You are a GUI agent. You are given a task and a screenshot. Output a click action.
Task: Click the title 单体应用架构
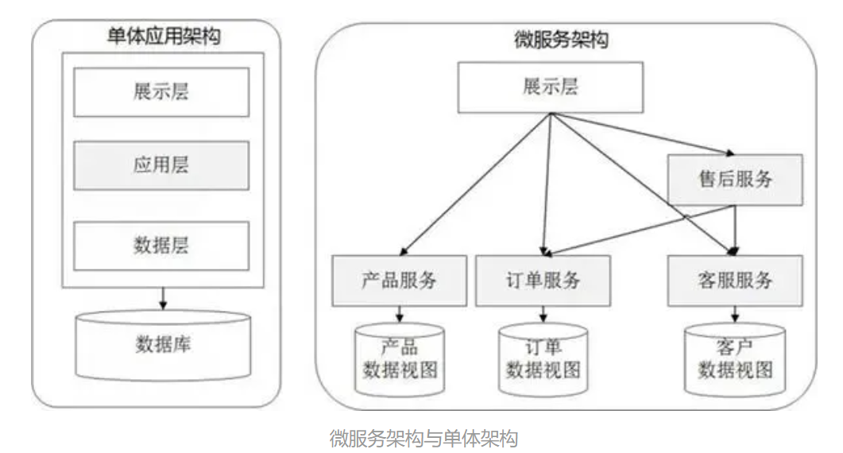click(x=163, y=37)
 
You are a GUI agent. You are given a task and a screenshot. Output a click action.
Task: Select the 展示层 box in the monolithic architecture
click(x=161, y=91)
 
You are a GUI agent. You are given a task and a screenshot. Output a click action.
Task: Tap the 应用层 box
click(x=161, y=166)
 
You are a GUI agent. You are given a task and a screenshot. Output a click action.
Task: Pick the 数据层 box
click(x=161, y=246)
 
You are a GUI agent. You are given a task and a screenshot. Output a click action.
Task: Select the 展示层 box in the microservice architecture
click(x=550, y=87)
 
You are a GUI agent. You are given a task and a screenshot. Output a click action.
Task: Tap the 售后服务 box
click(x=735, y=179)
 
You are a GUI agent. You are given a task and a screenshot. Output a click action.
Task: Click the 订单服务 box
click(x=543, y=281)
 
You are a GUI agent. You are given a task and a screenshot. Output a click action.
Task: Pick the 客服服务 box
click(x=735, y=281)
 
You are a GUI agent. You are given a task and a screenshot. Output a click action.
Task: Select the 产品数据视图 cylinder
click(x=400, y=360)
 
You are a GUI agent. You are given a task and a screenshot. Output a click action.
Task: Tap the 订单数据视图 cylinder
click(x=543, y=360)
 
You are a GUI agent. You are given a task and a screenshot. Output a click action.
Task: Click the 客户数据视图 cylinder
click(x=735, y=360)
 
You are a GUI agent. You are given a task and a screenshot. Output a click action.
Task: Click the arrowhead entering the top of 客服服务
click(x=733, y=250)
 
